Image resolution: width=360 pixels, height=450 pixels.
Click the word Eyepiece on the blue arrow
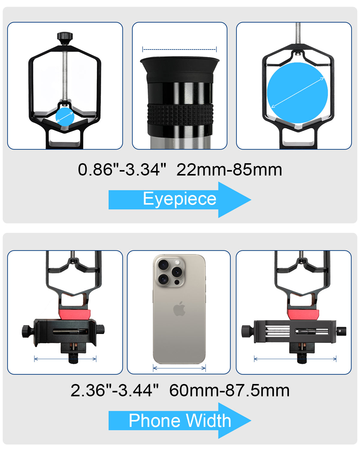pyautogui.click(x=179, y=199)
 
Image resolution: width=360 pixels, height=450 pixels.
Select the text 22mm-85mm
pyautogui.click(x=229, y=170)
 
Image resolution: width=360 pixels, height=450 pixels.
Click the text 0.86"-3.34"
pyautogui.click(x=122, y=170)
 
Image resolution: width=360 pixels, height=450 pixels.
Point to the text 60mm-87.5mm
pyautogui.click(x=229, y=391)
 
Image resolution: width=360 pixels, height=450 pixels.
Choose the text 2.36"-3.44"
pyautogui.click(x=114, y=391)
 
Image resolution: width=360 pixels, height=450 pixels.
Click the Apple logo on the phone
pyautogui.click(x=179, y=309)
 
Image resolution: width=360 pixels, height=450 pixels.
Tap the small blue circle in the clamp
pyautogui.click(x=65, y=117)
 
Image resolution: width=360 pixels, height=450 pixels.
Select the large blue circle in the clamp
pyautogui.click(x=297, y=92)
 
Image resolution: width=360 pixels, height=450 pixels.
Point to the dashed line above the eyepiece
pyautogui.click(x=179, y=49)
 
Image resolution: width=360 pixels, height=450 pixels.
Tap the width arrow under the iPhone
pyautogui.click(x=179, y=368)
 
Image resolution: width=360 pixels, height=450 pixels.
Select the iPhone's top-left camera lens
pyautogui.click(x=163, y=265)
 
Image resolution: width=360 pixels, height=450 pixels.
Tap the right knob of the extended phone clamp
pyautogui.click(x=341, y=331)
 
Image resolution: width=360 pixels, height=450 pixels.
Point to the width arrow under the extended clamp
pyautogui.click(x=295, y=358)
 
